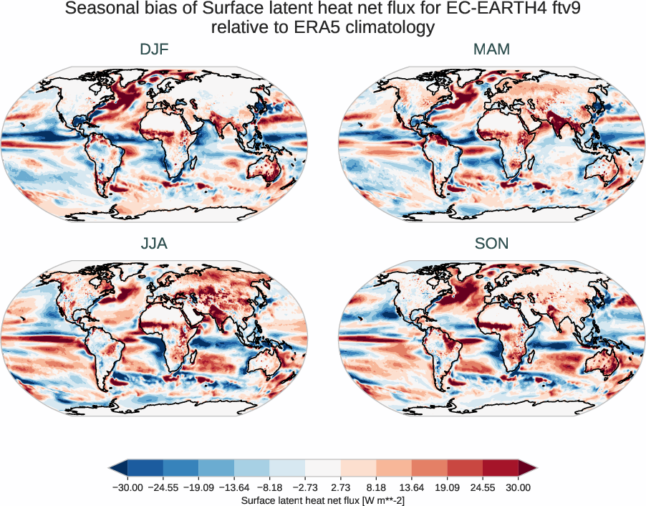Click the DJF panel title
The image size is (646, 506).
click(x=154, y=49)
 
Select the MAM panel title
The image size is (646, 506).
click(x=491, y=49)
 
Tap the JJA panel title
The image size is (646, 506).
click(x=154, y=244)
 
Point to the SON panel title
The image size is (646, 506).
click(x=491, y=244)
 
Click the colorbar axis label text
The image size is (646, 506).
click(x=323, y=500)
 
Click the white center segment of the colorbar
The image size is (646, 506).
click(x=323, y=468)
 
